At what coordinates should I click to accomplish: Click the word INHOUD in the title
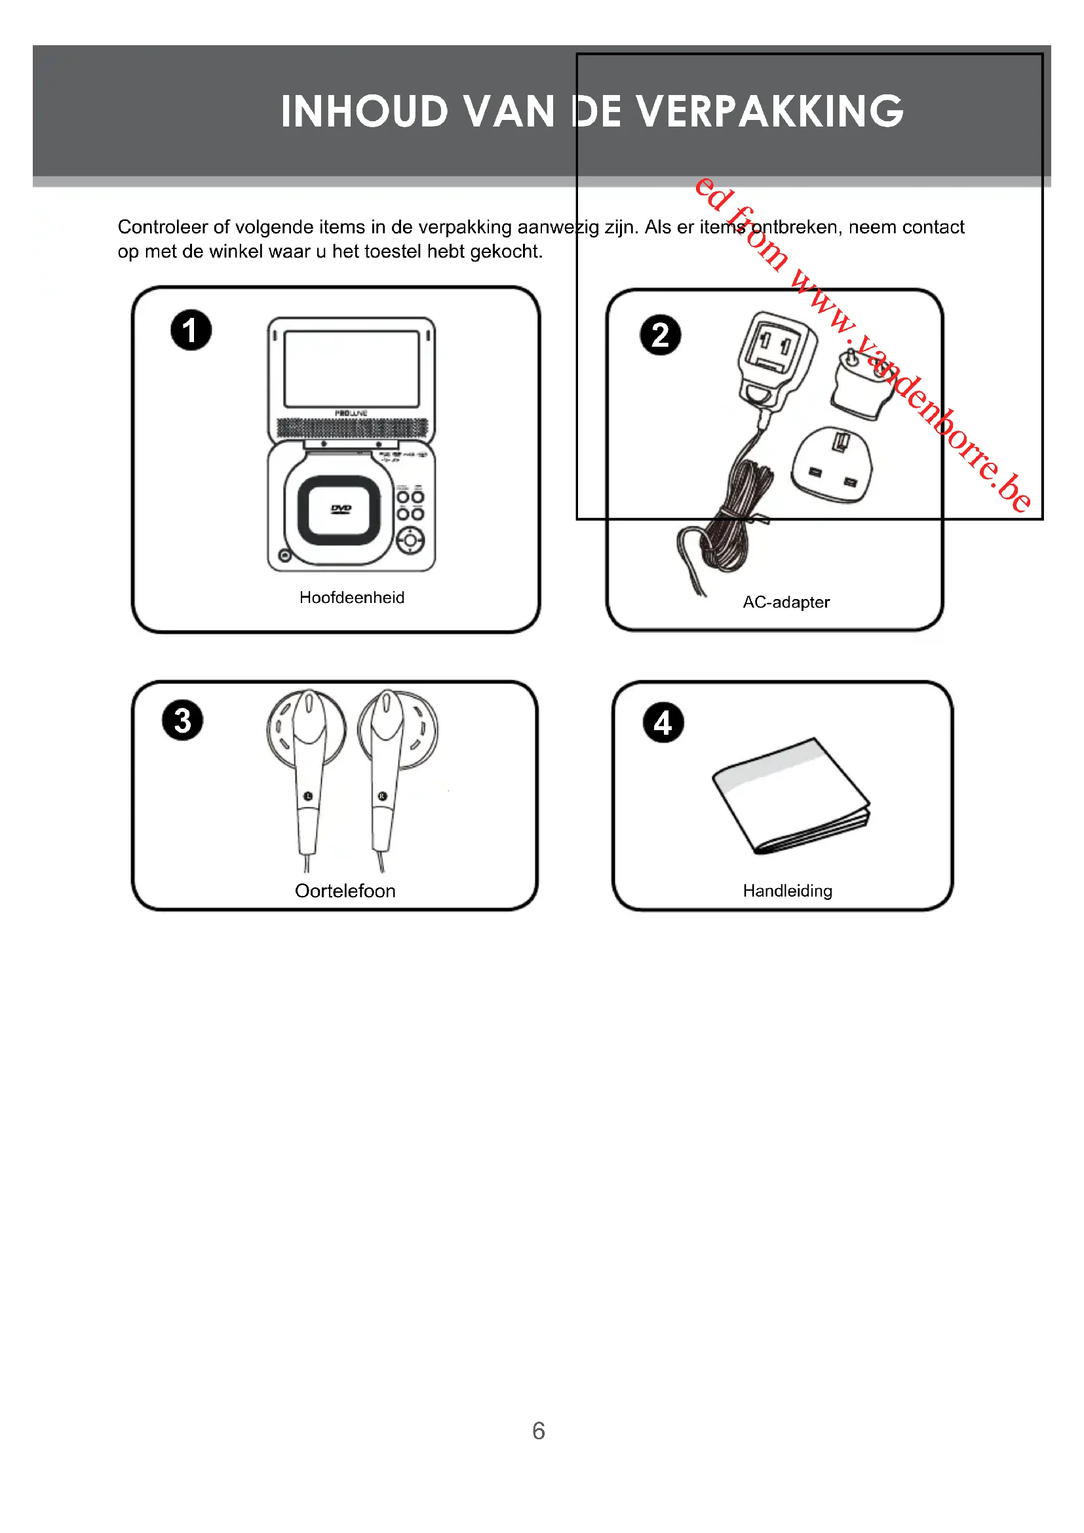point(364,111)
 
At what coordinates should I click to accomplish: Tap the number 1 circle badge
point(191,330)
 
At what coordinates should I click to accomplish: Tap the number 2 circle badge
point(660,334)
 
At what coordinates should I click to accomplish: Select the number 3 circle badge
point(182,720)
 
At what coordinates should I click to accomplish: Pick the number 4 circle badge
point(663,722)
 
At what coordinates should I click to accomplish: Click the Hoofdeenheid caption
point(352,598)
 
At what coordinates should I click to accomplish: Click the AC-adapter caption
point(786,602)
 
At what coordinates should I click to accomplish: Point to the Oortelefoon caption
point(345,891)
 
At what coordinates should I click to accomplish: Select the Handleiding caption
point(787,891)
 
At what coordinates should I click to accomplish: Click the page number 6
point(539,1431)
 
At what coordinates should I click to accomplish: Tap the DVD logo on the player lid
point(341,509)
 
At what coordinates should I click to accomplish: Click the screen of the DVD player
point(351,368)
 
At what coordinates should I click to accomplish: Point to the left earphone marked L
point(307,768)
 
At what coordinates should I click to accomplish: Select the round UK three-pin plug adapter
point(832,465)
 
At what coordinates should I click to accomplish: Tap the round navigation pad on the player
point(410,540)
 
